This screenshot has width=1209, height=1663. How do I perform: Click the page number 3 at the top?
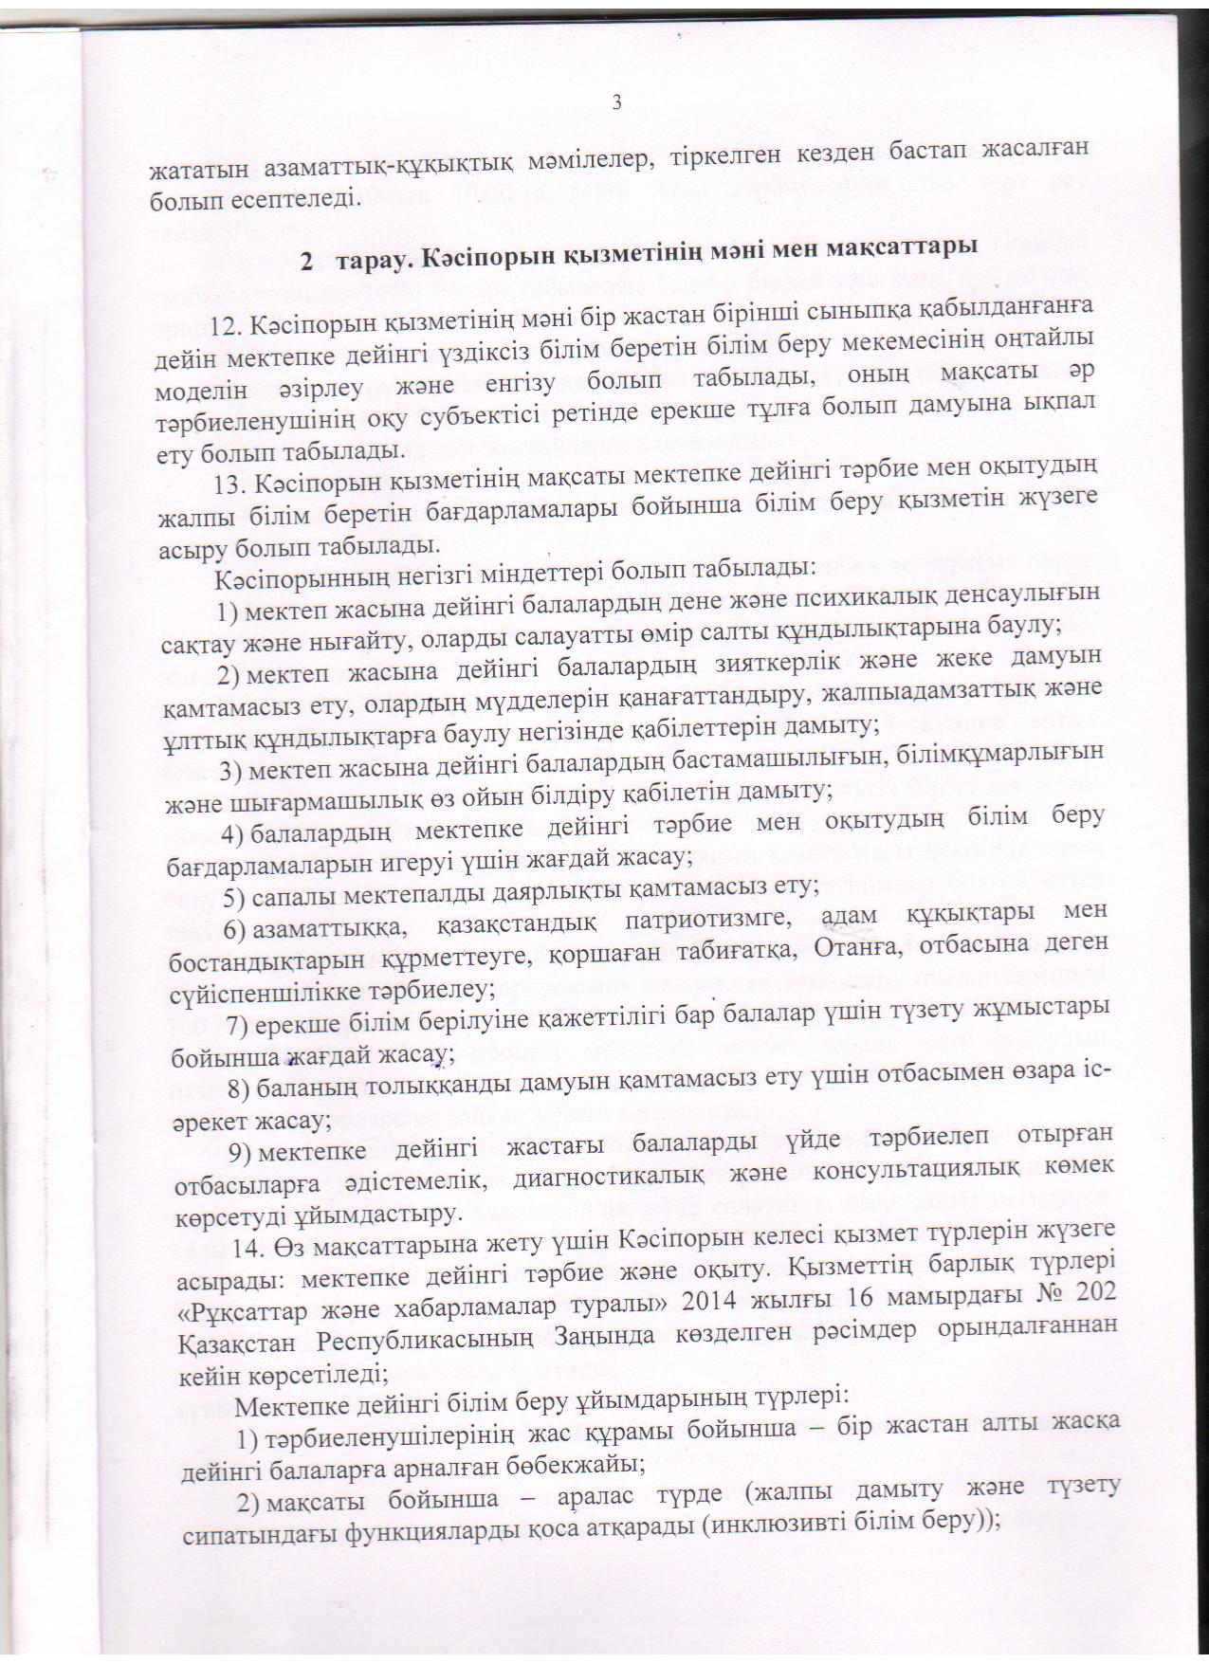(617, 102)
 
